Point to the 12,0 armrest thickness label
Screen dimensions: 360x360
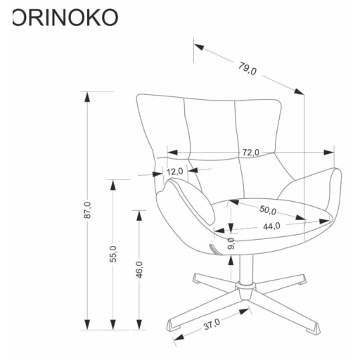coord(175,171)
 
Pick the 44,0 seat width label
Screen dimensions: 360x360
coord(271,226)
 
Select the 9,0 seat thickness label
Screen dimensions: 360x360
coord(231,243)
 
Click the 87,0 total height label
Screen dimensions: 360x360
coord(87,211)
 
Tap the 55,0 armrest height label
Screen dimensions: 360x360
coord(112,254)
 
